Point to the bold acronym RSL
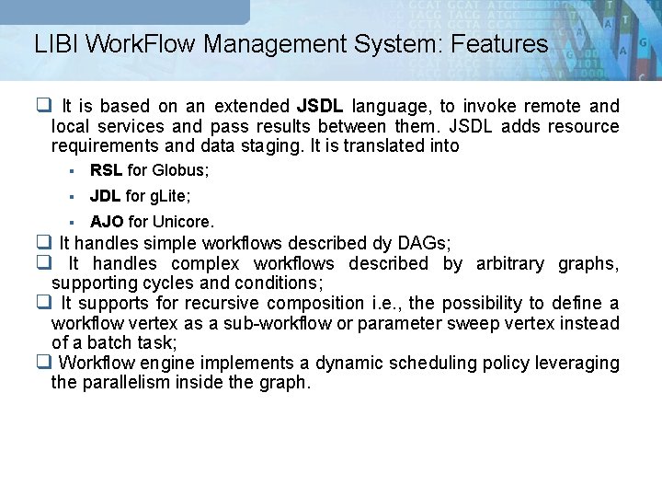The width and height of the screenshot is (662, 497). point(107,170)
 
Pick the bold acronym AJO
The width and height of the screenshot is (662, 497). point(108,222)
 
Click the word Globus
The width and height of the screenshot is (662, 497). point(180,170)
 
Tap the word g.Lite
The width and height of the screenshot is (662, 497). point(172,196)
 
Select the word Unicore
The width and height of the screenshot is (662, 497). point(183,222)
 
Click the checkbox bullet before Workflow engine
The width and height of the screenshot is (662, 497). point(43,364)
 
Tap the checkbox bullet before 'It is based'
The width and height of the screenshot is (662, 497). point(43,107)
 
